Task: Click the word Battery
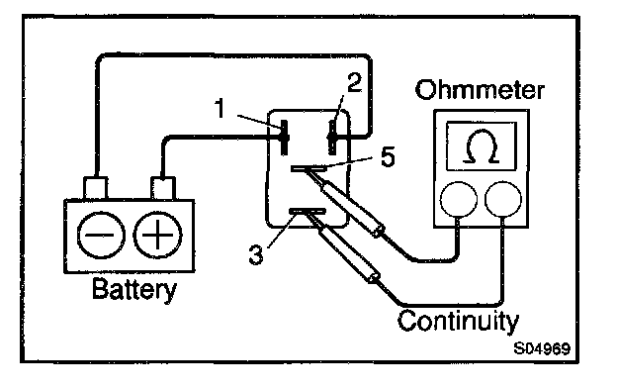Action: click(134, 290)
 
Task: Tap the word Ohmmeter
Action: click(480, 90)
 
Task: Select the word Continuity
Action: click(458, 321)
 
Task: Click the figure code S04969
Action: click(542, 348)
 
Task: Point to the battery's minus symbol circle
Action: click(101, 236)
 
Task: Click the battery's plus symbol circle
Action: click(157, 236)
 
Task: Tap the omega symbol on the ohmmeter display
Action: click(482, 146)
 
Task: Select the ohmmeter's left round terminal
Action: click(458, 199)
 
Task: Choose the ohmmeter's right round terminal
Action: click(503, 199)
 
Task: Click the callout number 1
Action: click(220, 108)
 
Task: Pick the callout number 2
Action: click(355, 83)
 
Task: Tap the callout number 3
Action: click(256, 254)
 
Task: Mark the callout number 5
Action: click(388, 156)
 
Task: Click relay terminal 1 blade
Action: click(284, 138)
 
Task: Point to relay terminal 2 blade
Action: click(332, 138)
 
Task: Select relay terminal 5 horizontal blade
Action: click(308, 168)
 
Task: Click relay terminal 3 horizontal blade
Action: click(308, 212)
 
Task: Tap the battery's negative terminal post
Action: click(95, 188)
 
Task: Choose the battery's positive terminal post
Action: click(163, 188)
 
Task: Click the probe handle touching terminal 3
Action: click(348, 253)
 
